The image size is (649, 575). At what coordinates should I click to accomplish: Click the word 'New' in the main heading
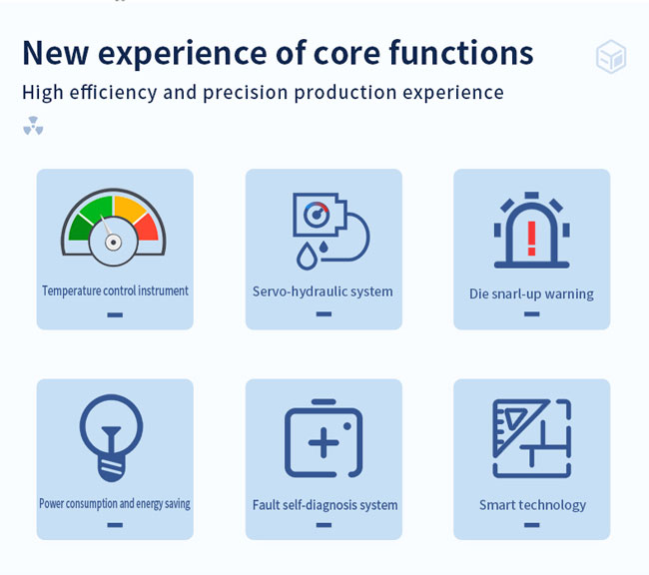[56, 53]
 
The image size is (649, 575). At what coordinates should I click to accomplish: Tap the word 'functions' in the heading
[461, 53]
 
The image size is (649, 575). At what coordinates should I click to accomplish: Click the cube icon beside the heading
[611, 56]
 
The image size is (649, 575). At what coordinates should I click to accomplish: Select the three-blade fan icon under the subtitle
[33, 126]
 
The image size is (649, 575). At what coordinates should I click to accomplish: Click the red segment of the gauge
[147, 228]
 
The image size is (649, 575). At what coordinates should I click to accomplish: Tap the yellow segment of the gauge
[129, 210]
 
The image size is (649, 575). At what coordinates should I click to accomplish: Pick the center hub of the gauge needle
[113, 243]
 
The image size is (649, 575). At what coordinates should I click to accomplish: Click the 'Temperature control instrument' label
[115, 291]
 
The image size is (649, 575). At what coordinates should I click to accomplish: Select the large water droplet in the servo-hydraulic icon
[307, 257]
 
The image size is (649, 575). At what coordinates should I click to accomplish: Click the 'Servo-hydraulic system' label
[323, 291]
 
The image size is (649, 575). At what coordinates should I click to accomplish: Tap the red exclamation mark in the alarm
[532, 239]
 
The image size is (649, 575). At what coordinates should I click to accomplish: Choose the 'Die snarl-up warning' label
[531, 294]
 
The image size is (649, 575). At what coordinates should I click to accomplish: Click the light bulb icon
[112, 438]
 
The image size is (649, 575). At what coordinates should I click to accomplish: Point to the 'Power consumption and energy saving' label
[115, 504]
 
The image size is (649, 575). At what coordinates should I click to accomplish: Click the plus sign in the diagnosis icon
[324, 443]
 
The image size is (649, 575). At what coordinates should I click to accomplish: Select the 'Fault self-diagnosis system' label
[324, 505]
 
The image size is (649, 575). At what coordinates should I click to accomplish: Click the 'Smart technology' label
[533, 505]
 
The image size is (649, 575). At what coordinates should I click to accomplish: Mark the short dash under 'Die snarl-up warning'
[532, 314]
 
